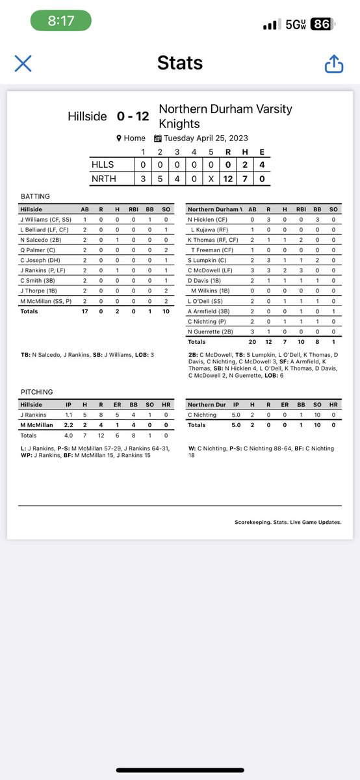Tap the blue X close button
click(23, 63)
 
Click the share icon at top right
click(333, 63)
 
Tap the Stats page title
click(180, 63)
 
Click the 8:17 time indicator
click(61, 21)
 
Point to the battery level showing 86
click(320, 24)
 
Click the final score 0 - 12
click(133, 116)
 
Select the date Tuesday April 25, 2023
click(202, 138)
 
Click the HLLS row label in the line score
click(102, 165)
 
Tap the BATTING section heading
click(35, 196)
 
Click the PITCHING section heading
click(36, 392)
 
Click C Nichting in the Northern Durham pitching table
click(202, 415)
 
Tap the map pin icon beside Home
click(119, 138)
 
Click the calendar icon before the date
click(157, 138)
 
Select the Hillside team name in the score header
click(87, 116)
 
